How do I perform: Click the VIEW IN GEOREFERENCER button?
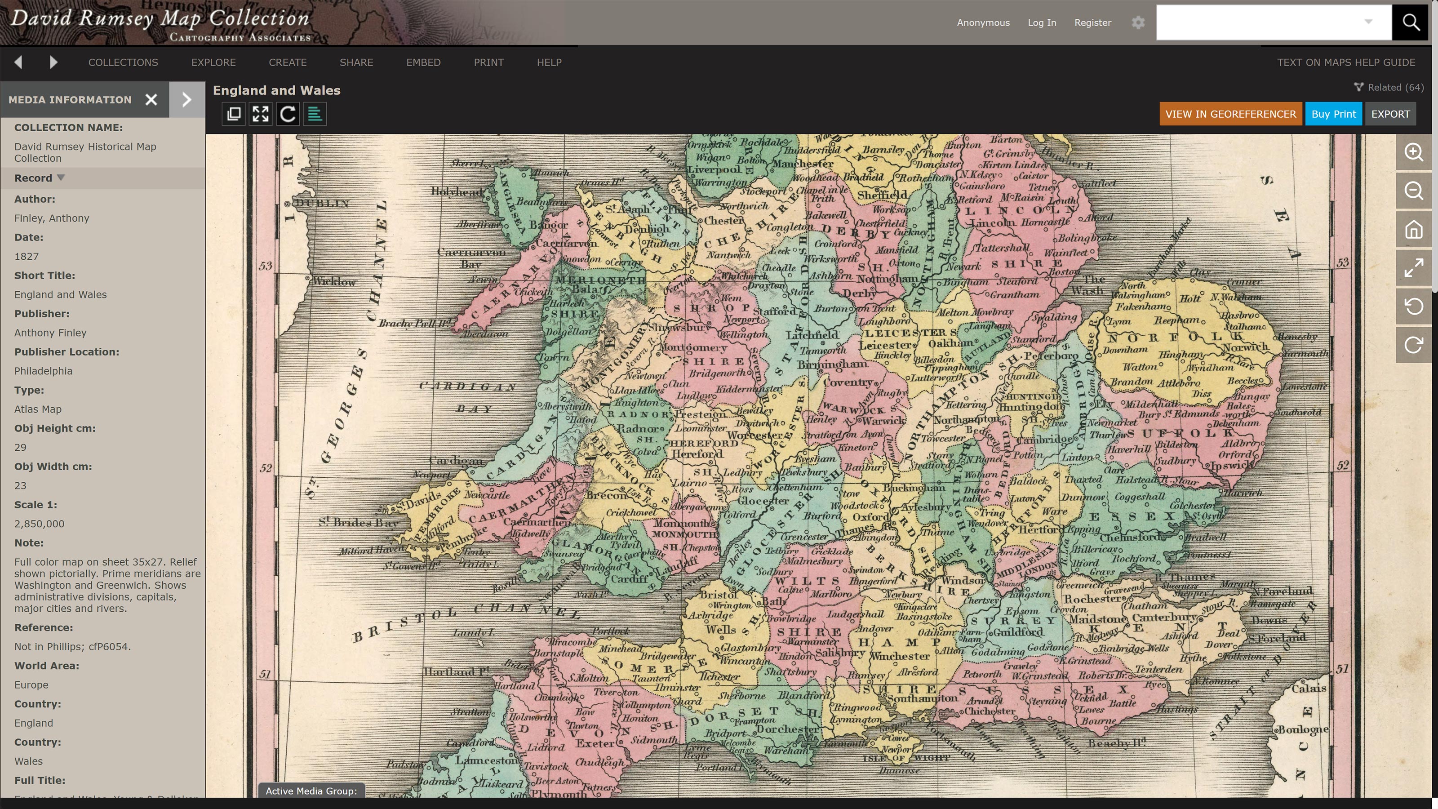[1230, 114]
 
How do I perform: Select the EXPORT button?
[1390, 114]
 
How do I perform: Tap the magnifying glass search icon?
[1410, 22]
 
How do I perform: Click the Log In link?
[1042, 22]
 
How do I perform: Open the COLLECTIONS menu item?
[123, 62]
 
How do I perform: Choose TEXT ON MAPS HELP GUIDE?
[1345, 62]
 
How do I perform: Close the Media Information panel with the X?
[151, 100]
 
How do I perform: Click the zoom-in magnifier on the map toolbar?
[1413, 152]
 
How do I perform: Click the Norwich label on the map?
[1245, 347]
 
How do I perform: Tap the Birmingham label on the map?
[832, 364]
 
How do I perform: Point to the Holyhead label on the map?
[457, 191]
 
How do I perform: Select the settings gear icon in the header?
[1138, 22]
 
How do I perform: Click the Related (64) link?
[1389, 87]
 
